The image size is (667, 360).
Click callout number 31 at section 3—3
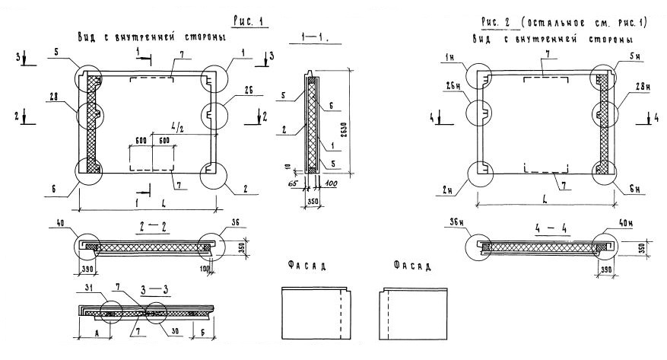click(90, 287)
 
